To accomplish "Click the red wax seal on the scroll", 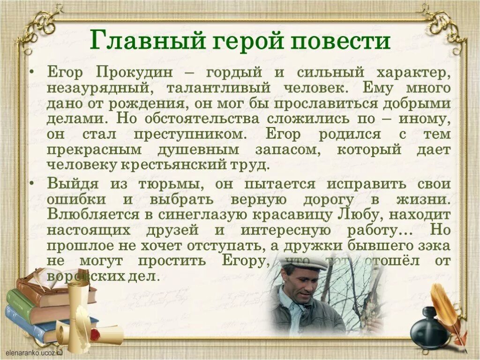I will [95, 334].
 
